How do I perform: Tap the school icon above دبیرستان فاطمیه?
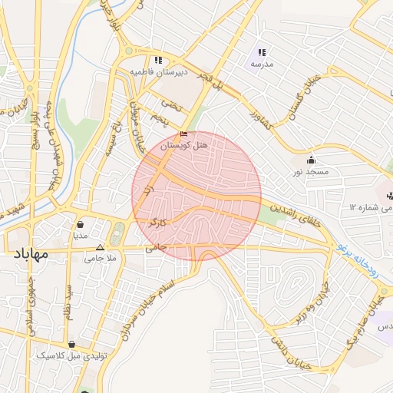[x=157, y=60]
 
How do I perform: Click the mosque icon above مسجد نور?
[x=311, y=160]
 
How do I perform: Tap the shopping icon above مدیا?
[x=81, y=225]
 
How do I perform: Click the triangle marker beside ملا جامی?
[x=101, y=247]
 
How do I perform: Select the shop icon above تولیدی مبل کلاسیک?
[x=71, y=345]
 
